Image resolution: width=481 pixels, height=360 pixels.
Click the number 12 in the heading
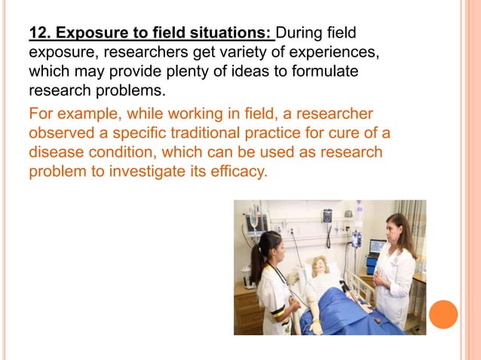pos(38,33)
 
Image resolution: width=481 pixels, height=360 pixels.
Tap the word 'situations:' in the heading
pos(234,33)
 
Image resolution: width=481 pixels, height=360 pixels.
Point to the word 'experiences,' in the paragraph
pos(326,53)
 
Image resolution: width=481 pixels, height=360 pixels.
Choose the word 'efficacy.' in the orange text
pos(237,172)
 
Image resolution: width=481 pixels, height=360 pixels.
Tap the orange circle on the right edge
pos(443,314)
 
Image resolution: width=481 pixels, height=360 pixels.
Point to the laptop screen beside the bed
pos(376,247)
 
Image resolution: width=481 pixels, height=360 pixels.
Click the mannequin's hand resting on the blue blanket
pos(316,326)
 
